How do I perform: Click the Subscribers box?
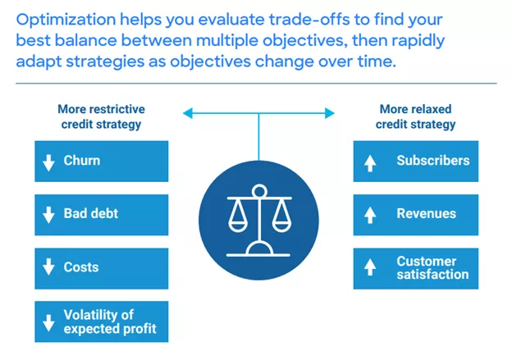coord(415,161)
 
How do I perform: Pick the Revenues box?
coord(415,214)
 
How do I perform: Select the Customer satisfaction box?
coord(415,267)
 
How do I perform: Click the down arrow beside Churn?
coord(48,162)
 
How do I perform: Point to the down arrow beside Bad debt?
coord(48,215)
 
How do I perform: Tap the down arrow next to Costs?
coord(48,268)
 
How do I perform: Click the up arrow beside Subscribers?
coord(369,162)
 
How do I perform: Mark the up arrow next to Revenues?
coord(369,215)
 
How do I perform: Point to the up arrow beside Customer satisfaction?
coord(369,268)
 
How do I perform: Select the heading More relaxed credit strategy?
coord(415,116)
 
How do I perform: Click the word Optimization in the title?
coord(62,19)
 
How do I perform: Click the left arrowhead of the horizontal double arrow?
coord(187,112)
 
